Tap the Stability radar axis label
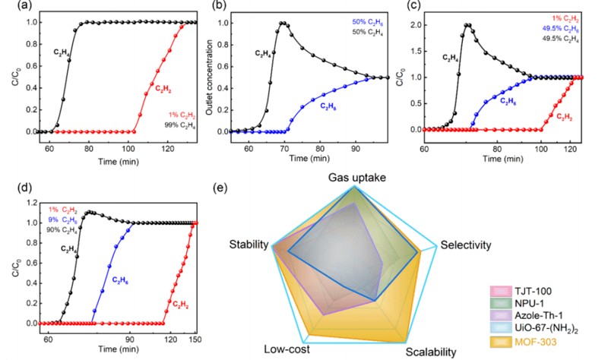[x=249, y=245]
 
